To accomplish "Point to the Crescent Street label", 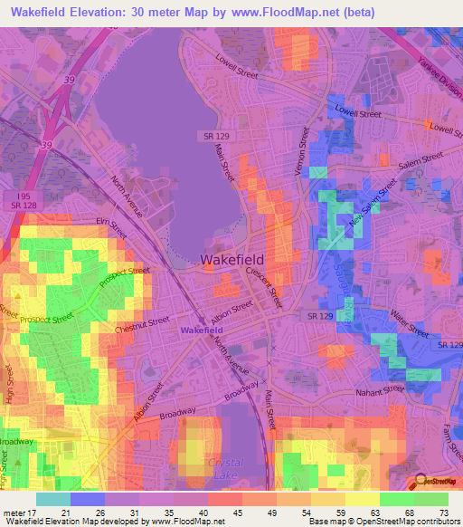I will click(266, 284).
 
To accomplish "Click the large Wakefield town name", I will click(232, 259).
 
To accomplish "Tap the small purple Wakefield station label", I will click(201, 331).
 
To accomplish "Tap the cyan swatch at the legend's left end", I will click(53, 499).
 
